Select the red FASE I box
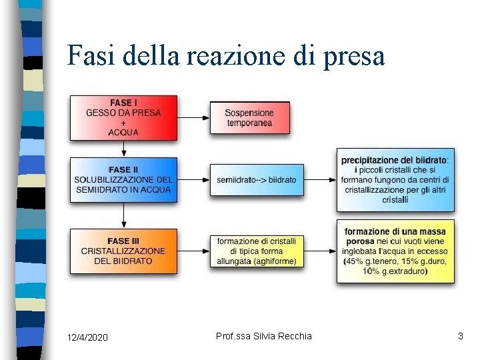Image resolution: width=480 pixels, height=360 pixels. (124, 117)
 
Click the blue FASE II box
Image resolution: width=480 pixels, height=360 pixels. (124, 179)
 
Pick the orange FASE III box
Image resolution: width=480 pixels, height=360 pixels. (124, 251)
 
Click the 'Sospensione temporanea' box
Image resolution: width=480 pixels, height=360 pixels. (250, 118)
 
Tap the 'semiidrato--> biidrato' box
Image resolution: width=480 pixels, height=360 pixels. (257, 180)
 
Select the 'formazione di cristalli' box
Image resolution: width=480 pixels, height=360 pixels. (257, 251)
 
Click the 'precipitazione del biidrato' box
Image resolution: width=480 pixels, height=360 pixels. (395, 180)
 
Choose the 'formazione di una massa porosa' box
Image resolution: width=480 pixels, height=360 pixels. (395, 251)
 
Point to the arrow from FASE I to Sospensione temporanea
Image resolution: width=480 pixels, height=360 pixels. (194, 118)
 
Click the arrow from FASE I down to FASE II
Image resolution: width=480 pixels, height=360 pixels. (124, 149)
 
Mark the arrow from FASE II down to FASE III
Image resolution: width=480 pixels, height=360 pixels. (124, 215)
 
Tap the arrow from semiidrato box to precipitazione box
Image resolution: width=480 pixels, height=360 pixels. (320, 180)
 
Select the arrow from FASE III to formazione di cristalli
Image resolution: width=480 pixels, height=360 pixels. (194, 251)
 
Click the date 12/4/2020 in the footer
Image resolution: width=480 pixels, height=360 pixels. (88, 337)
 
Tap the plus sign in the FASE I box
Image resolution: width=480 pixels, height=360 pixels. (123, 123)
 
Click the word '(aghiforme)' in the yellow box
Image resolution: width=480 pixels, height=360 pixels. (275, 261)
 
